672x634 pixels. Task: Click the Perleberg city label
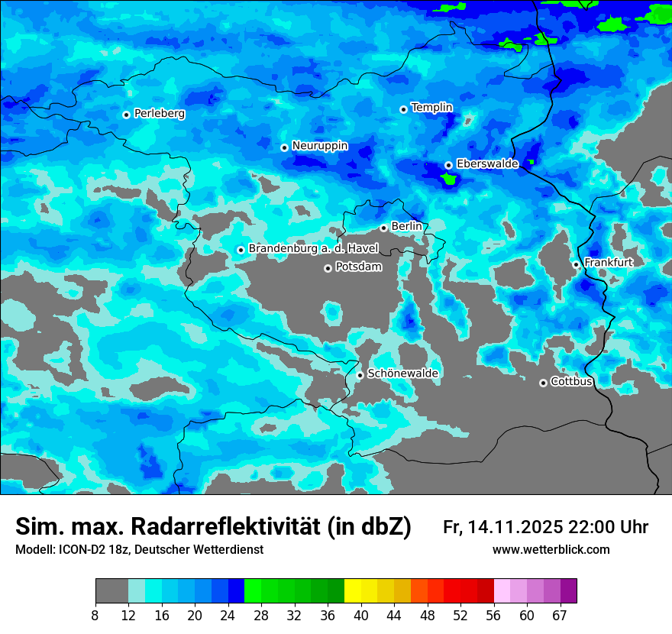[x=160, y=114]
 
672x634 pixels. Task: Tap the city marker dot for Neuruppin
[x=284, y=147]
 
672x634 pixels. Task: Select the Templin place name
[x=431, y=108]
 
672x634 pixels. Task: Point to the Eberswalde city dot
[x=448, y=165]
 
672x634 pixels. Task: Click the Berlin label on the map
[x=406, y=227]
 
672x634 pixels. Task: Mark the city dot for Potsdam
[x=328, y=268]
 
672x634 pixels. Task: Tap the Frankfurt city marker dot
[x=576, y=265]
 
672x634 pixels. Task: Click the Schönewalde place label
[x=402, y=374]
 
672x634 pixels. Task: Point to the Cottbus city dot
[x=543, y=383]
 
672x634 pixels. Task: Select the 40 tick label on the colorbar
[x=361, y=616]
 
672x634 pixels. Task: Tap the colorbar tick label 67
[x=560, y=616]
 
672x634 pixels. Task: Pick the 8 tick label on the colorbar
[x=95, y=616]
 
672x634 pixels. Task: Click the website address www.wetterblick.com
[x=551, y=550]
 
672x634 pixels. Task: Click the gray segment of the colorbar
[x=111, y=591]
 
